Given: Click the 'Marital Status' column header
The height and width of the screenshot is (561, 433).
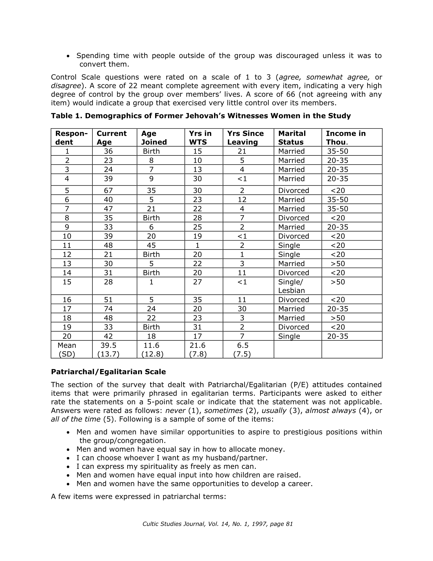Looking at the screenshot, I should click(292, 138).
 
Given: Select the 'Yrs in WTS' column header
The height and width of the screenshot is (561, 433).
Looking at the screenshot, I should click(200, 138).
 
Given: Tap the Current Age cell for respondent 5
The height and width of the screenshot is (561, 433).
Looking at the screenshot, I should click(108, 190).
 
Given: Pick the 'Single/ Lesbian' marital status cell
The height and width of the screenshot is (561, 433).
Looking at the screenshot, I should click(291, 286).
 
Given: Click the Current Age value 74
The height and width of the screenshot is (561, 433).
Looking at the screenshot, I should click(108, 309).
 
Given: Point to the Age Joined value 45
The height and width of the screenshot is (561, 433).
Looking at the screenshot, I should click(151, 245).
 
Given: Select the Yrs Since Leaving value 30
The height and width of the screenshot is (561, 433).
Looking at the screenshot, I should click(242, 309).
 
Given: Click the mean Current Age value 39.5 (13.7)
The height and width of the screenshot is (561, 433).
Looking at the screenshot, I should click(108, 350).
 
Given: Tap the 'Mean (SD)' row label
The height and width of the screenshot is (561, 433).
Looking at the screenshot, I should click(67, 350).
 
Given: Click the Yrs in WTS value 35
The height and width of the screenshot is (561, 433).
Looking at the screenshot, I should click(197, 300).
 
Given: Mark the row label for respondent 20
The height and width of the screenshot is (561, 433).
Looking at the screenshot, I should click(67, 336).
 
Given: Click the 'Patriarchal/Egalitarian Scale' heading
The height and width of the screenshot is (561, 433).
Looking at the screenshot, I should click(108, 372).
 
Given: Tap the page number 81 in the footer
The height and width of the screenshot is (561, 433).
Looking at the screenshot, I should click(289, 524).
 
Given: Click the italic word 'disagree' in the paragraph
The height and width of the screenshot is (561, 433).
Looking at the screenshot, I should click(66, 86).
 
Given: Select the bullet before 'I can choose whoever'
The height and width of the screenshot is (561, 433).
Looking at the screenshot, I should click(68, 458).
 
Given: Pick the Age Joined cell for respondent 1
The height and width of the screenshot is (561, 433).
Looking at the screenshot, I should click(151, 151).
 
